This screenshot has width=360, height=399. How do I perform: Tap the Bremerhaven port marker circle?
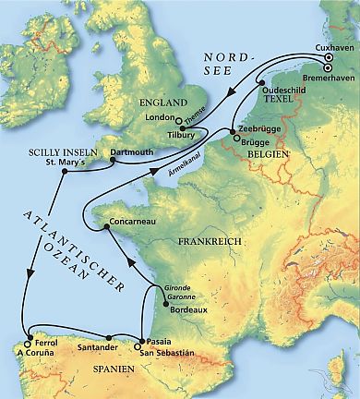click(327, 66)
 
